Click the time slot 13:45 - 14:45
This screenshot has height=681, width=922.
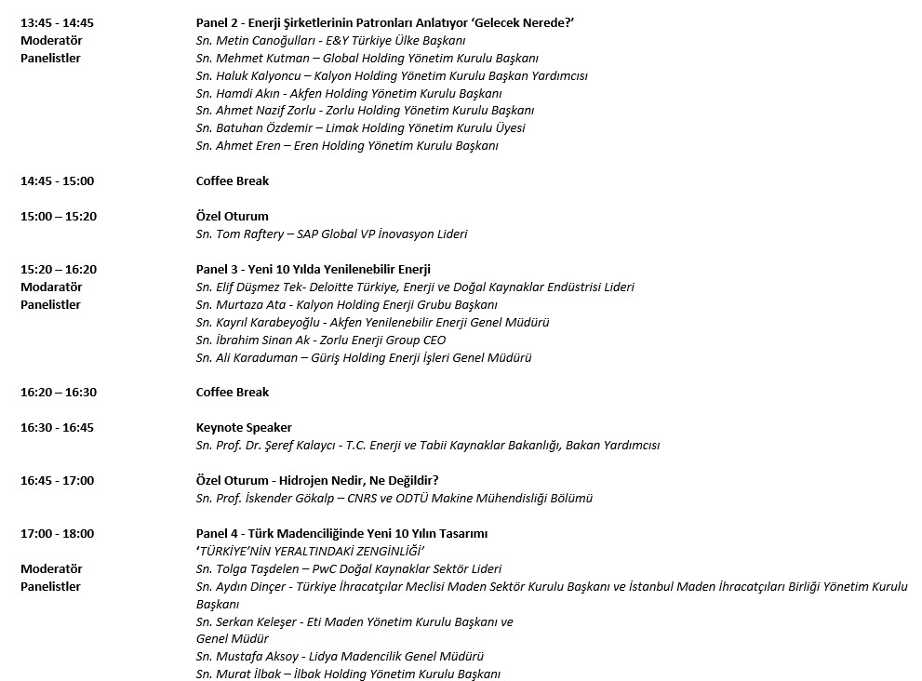click(57, 22)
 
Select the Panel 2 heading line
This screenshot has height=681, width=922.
click(391, 22)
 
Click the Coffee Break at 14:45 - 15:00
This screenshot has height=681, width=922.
click(232, 181)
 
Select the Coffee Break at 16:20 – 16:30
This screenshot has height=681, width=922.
click(232, 393)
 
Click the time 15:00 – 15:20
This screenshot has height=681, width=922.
click(59, 217)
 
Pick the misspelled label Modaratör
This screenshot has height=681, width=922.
click(51, 287)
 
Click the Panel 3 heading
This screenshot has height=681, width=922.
click(313, 270)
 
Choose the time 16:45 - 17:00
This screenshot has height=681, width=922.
click(57, 481)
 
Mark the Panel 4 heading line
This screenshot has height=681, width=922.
click(341, 534)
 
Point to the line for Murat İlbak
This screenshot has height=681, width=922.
click(348, 674)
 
